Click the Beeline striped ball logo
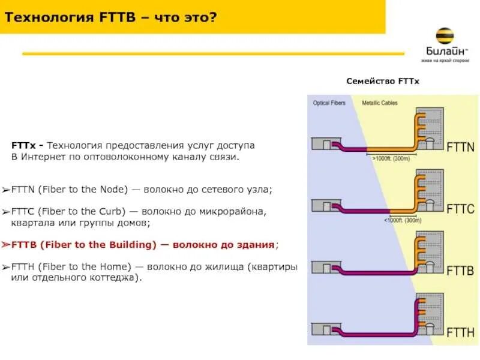[x=444, y=36]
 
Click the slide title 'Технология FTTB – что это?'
[x=110, y=16]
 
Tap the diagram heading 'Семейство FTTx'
[x=382, y=81]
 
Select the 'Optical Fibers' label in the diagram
[x=329, y=103]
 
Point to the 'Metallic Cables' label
[x=379, y=103]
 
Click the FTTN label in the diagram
[x=460, y=146]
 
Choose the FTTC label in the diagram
[x=460, y=209]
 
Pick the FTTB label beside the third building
[x=460, y=271]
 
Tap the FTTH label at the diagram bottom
[x=460, y=332]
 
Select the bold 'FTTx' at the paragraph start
[x=24, y=146]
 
